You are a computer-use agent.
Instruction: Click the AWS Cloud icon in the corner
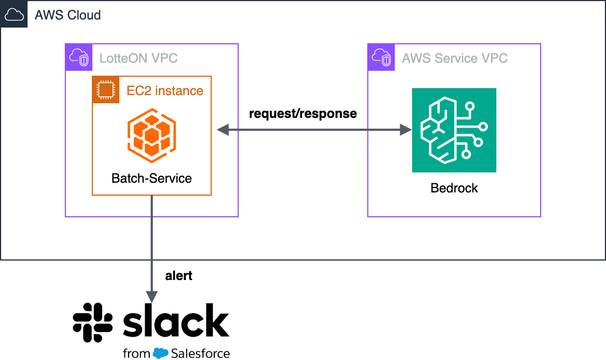pyautogui.click(x=14, y=14)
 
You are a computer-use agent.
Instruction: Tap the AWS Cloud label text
pyautogui.click(x=68, y=15)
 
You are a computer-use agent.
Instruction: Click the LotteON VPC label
pyautogui.click(x=138, y=58)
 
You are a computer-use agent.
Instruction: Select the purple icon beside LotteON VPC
pyautogui.click(x=79, y=57)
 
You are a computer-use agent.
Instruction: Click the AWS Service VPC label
pyautogui.click(x=455, y=58)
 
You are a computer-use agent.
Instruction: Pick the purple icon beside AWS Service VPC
pyautogui.click(x=381, y=57)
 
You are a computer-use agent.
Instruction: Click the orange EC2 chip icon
pyautogui.click(x=106, y=90)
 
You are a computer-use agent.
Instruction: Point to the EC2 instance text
pyautogui.click(x=165, y=90)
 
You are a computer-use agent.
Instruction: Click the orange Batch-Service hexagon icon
pyautogui.click(x=152, y=135)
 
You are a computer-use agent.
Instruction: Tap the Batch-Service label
pyautogui.click(x=152, y=178)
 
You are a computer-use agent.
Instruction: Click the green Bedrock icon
pyautogui.click(x=454, y=130)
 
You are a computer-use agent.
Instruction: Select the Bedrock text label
pyautogui.click(x=454, y=188)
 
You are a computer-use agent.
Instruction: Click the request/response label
pyautogui.click(x=302, y=114)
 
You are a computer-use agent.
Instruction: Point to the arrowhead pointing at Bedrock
pyautogui.click(x=405, y=130)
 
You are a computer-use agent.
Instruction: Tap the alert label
pyautogui.click(x=179, y=276)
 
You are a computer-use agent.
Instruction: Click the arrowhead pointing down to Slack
pyautogui.click(x=152, y=296)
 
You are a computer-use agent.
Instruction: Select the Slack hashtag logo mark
pyautogui.click(x=92, y=322)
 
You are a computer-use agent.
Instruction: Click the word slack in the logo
pyautogui.click(x=176, y=321)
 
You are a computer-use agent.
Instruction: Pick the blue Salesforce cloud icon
pyautogui.click(x=161, y=354)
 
